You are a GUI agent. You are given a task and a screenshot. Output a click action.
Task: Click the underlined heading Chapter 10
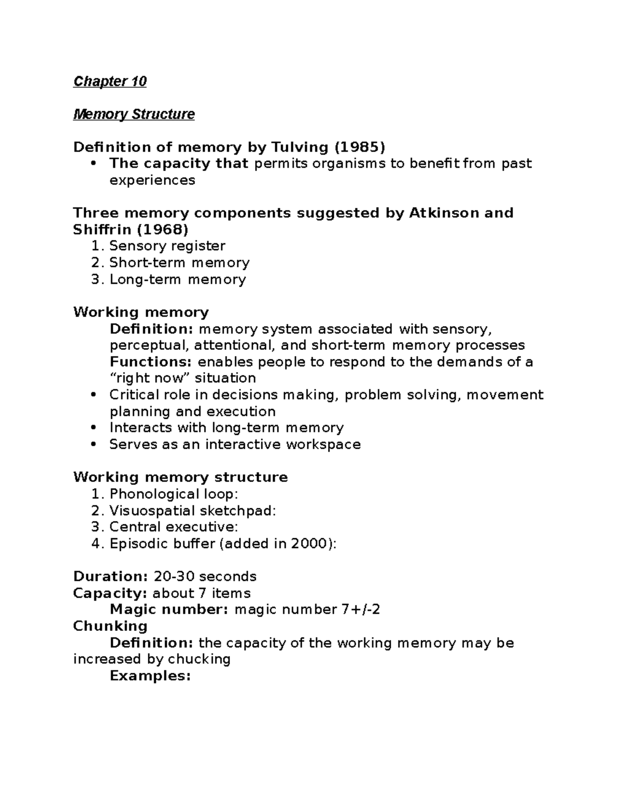coord(110,81)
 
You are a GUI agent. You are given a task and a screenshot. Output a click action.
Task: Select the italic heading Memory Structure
coord(134,114)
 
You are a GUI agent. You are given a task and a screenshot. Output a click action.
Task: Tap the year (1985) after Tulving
coord(360,147)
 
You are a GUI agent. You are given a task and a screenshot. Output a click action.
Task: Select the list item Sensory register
coord(167,246)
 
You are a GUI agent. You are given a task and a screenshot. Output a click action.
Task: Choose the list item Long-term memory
coord(177,279)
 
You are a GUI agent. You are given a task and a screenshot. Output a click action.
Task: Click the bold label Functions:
coord(151,361)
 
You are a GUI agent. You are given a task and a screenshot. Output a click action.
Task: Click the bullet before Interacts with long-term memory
coord(93,428)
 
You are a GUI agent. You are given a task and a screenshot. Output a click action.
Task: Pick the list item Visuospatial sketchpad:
coord(192,511)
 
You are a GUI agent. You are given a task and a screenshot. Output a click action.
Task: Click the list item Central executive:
coord(174,527)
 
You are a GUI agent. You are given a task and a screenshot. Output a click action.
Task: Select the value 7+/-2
coord(361,610)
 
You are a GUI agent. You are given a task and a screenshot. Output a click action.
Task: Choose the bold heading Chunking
coord(111,626)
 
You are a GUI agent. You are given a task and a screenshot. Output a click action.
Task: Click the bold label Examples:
coord(150,676)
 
